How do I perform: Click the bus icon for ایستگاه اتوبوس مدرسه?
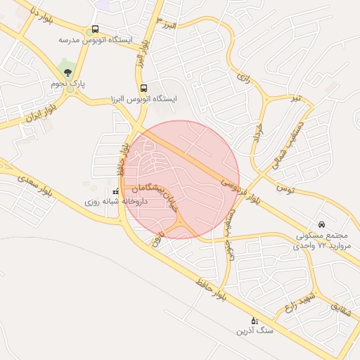(x=95, y=30)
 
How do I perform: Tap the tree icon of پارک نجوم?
(x=67, y=72)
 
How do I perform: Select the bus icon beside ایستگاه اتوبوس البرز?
(x=144, y=89)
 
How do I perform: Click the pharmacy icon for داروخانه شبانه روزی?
(x=115, y=192)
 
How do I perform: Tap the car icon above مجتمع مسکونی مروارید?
(x=322, y=224)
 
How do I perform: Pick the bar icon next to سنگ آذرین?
(x=255, y=320)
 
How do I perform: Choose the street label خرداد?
(x=256, y=133)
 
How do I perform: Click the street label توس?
(x=284, y=188)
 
